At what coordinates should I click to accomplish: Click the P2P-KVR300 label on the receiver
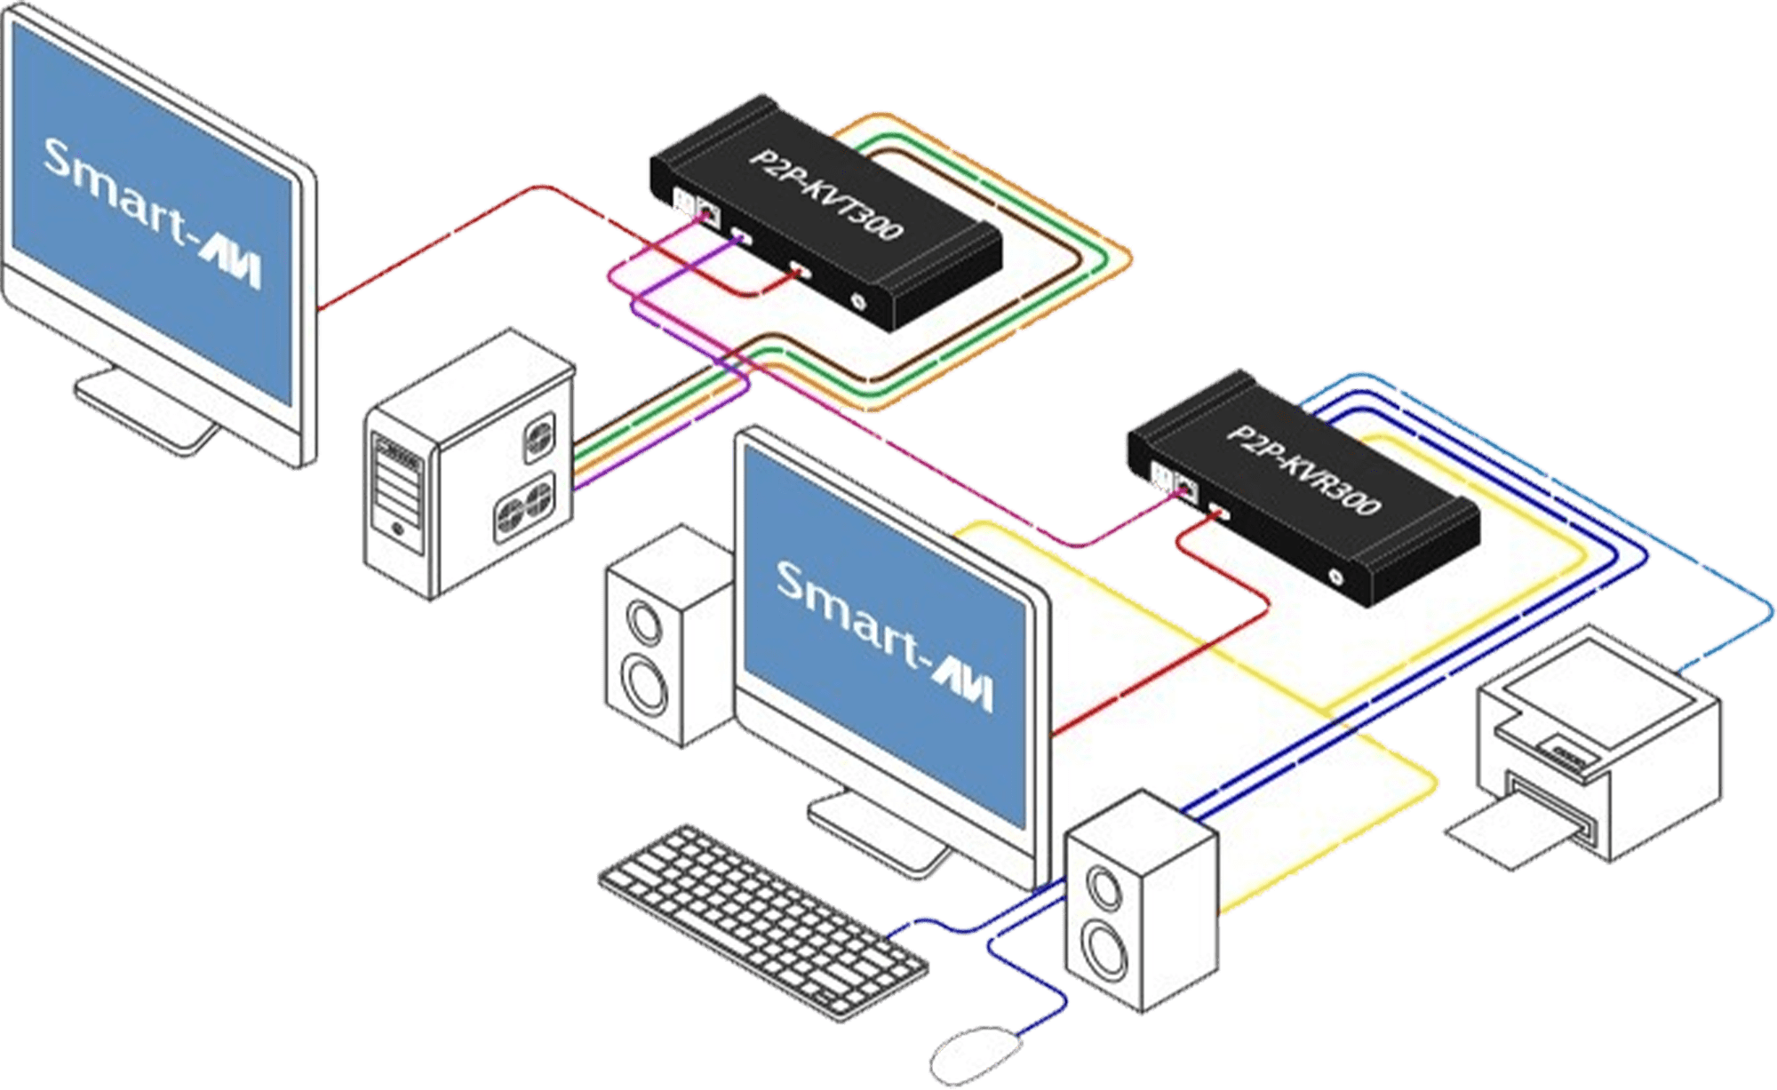pyautogui.click(x=1303, y=471)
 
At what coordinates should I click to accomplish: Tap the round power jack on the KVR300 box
pyautogui.click(x=1335, y=576)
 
